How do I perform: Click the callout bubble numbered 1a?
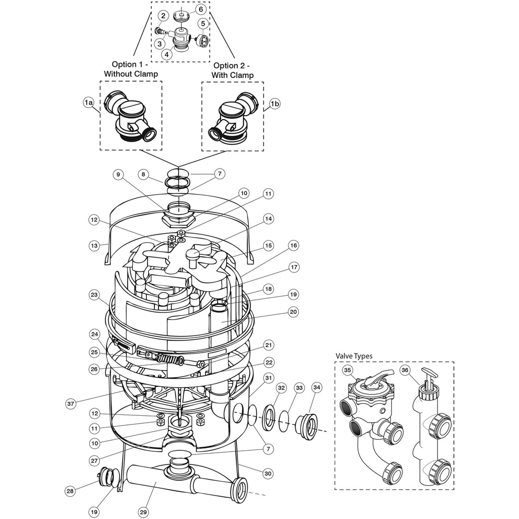(x=89, y=103)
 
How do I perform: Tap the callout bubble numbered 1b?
(x=275, y=104)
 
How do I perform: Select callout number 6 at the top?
(x=201, y=9)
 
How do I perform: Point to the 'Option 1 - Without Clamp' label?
(x=131, y=69)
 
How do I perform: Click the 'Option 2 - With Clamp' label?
(x=232, y=70)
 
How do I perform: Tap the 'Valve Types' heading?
(x=354, y=356)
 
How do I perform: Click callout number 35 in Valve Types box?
(x=348, y=370)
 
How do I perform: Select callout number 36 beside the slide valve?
(x=405, y=370)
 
